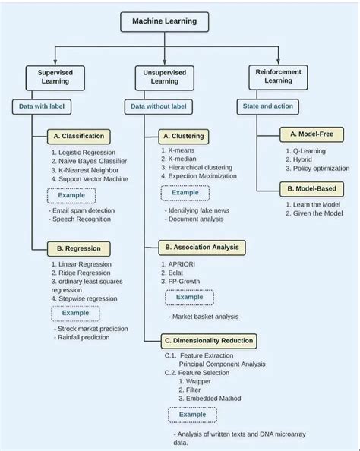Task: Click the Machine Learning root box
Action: (x=164, y=21)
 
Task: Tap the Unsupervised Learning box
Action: (x=164, y=76)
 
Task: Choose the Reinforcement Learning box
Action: (x=277, y=75)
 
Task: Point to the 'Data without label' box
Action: (x=157, y=107)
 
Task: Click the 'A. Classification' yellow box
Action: (x=79, y=137)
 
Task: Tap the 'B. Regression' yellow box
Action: (x=78, y=248)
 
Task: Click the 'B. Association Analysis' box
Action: (x=201, y=247)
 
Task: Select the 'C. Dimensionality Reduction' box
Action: (x=208, y=340)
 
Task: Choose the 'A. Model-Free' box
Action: (x=312, y=134)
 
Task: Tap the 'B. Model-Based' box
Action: (x=311, y=188)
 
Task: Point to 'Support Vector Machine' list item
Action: (x=90, y=179)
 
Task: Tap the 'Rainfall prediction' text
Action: (x=84, y=337)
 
